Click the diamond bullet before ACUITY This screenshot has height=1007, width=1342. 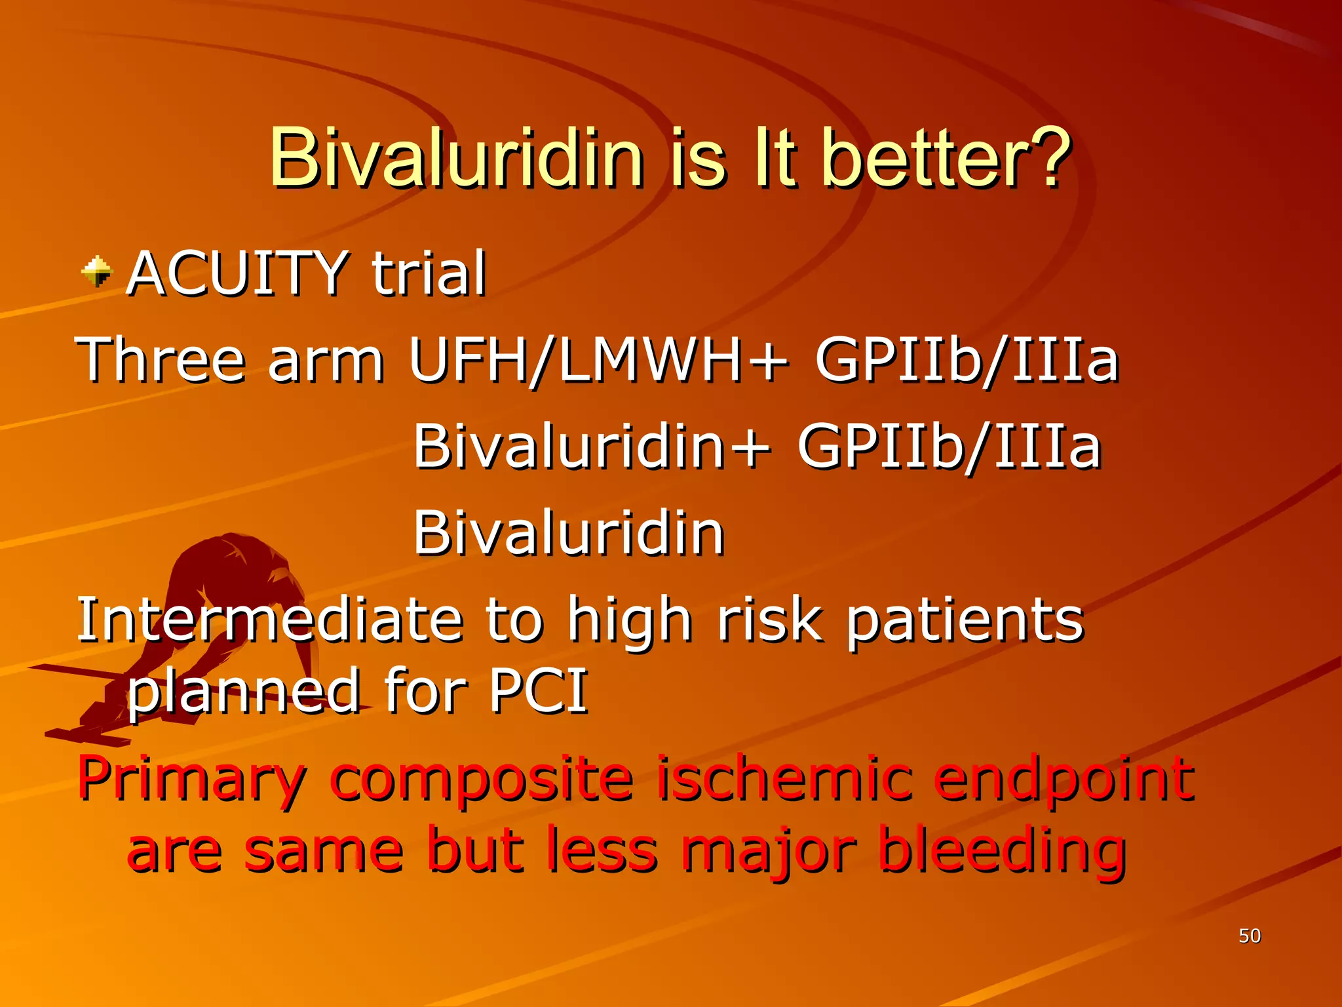[97, 271]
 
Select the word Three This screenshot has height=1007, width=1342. [161, 359]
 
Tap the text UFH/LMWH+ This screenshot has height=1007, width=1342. [598, 359]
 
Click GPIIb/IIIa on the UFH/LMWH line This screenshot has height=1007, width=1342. [967, 359]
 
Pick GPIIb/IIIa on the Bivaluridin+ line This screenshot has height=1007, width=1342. [949, 446]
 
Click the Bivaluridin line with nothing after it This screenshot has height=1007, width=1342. [568, 532]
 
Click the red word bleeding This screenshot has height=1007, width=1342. [1003, 852]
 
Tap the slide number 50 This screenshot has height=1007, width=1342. [1249, 936]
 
